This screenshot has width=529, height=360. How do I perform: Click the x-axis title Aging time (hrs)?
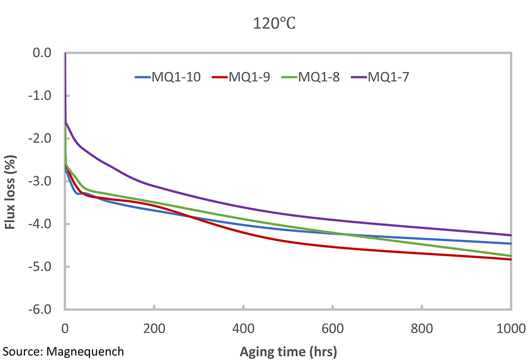coord(288,351)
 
